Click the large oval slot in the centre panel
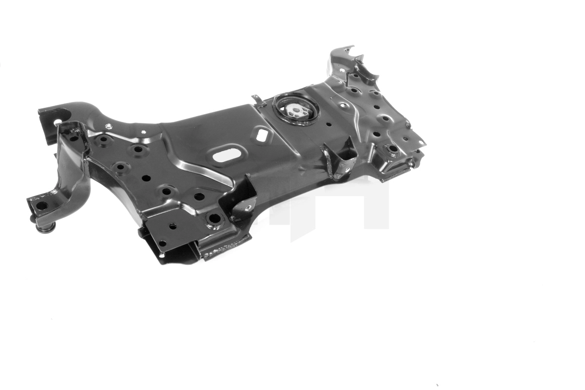click(224, 156)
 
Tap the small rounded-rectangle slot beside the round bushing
click(262, 135)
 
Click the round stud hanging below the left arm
click(45, 228)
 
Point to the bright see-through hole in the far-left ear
click(58, 122)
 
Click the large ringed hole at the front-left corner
click(214, 219)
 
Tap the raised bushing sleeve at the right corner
click(392, 150)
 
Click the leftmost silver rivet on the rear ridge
click(108, 127)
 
